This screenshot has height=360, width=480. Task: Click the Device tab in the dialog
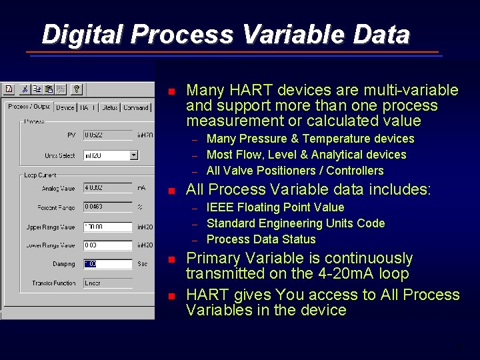tap(65, 107)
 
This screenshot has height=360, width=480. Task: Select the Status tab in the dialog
tap(110, 107)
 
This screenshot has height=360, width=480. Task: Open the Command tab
tap(136, 107)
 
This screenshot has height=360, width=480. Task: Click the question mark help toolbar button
tap(77, 89)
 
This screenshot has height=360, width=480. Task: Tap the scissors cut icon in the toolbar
tap(25, 89)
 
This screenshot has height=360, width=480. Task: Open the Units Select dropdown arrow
tap(134, 155)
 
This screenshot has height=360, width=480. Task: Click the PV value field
tap(107, 135)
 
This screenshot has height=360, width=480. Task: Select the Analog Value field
tap(107, 188)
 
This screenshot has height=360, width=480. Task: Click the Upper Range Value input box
tap(107, 227)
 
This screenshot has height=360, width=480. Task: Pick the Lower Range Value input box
tap(107, 245)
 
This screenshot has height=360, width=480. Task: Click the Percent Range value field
tap(107, 207)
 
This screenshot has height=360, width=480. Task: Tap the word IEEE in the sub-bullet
tap(220, 207)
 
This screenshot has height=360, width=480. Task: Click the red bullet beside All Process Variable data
tap(171, 191)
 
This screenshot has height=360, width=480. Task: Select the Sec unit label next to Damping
tap(142, 264)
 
